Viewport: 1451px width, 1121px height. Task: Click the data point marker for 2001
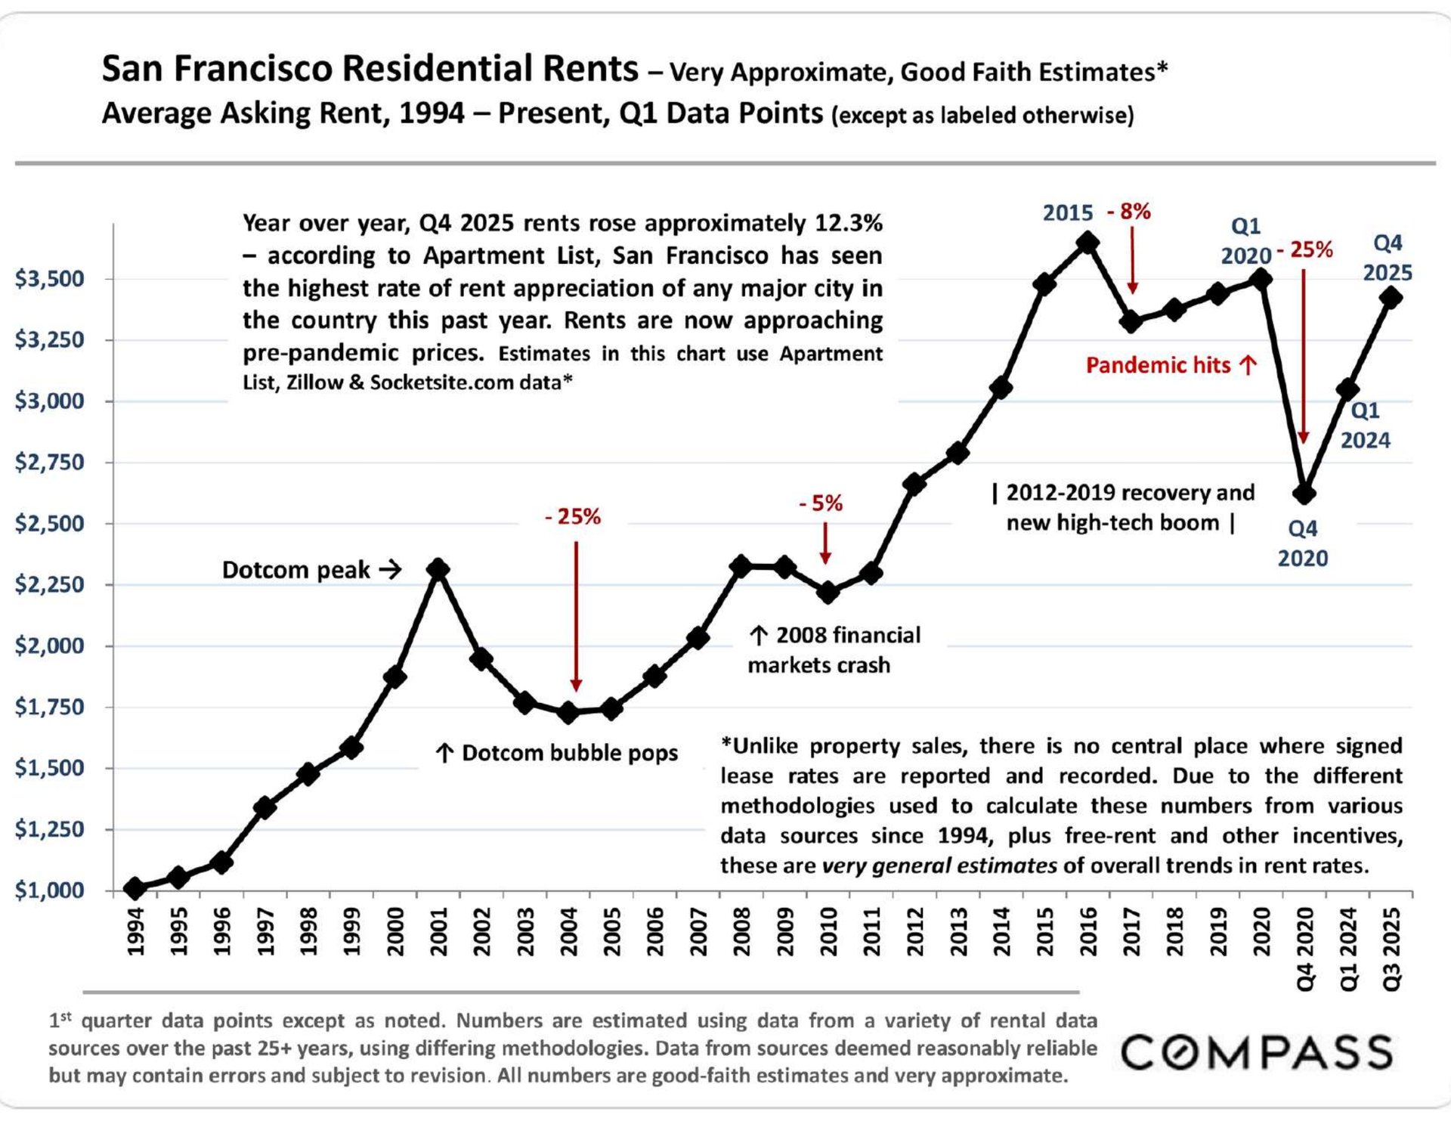pos(438,569)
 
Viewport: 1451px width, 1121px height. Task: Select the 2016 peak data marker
pos(1087,243)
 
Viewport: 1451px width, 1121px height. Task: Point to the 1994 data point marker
pos(135,888)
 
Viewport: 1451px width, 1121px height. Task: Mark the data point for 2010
pos(828,593)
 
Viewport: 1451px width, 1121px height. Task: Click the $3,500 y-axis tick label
pos(50,278)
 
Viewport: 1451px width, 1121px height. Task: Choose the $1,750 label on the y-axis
pos(50,707)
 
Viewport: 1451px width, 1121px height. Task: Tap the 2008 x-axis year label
pos(741,931)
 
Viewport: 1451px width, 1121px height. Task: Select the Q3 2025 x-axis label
pos(1391,949)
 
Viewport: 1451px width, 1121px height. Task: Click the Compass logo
pos(1256,1052)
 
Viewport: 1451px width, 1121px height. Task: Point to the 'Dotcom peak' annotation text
pos(296,570)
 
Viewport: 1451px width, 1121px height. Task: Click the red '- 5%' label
pos(821,503)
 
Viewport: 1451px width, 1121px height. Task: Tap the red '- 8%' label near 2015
pos(1129,212)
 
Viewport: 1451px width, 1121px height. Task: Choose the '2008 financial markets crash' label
pos(833,650)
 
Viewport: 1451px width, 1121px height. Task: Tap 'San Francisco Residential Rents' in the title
pos(370,69)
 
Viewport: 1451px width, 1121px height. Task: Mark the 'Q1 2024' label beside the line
pos(1365,425)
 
